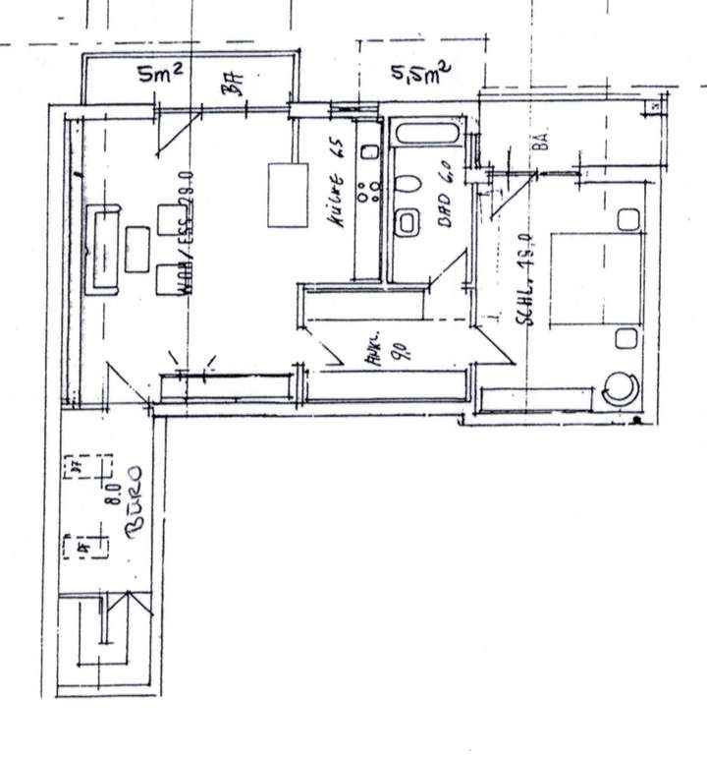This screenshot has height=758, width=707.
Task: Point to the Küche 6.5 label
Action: [x=337, y=187]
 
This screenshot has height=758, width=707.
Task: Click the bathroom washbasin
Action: [x=407, y=223]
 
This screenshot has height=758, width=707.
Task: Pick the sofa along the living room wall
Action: [x=103, y=250]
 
